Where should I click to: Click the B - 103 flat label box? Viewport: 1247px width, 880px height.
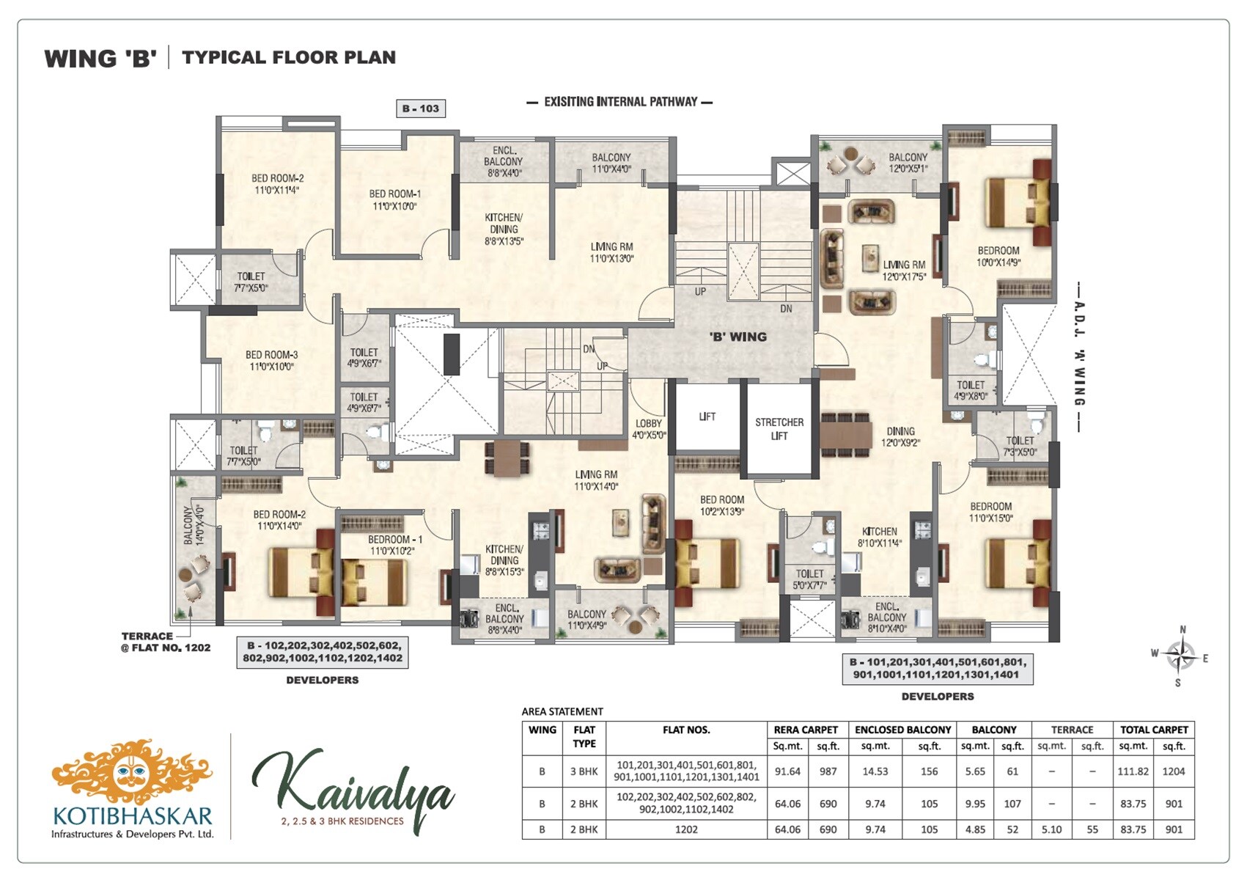coord(420,109)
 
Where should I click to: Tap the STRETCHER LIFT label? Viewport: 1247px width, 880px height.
coord(779,429)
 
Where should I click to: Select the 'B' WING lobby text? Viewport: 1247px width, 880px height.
coord(738,337)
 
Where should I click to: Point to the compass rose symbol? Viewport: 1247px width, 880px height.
coord(1180,655)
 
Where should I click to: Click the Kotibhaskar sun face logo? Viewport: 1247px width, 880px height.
coord(132,771)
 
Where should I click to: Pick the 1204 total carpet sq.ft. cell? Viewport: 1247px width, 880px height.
coord(1174,771)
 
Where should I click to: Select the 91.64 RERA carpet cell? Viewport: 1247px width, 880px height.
coord(787,771)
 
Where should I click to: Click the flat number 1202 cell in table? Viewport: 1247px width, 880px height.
coord(686,829)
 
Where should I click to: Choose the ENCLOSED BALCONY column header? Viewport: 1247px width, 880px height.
coord(902,730)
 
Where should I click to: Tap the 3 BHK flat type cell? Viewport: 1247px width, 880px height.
coord(584,771)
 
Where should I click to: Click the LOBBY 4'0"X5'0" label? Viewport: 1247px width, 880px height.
coord(649,429)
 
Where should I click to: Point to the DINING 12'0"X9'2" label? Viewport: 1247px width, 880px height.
coord(900,436)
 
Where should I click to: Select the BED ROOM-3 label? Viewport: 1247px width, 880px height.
coord(272,360)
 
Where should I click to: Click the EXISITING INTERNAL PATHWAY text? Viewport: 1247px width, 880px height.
coord(620,102)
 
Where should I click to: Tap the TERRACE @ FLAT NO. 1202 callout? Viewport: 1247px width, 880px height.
coord(166,642)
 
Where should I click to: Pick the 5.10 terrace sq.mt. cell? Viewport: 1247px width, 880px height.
coord(1051,829)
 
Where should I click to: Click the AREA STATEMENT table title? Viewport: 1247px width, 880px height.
coord(562,711)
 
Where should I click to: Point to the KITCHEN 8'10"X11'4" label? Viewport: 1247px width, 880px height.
coord(879,537)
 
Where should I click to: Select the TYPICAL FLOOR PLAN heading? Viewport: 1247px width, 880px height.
coord(288,57)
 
